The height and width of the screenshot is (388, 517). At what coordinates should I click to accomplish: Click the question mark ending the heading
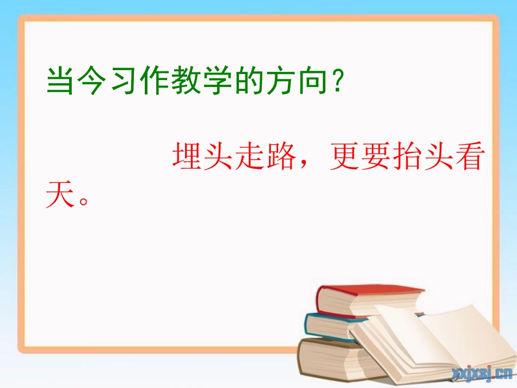tap(340, 82)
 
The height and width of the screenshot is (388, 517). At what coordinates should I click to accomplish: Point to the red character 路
tap(281, 157)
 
